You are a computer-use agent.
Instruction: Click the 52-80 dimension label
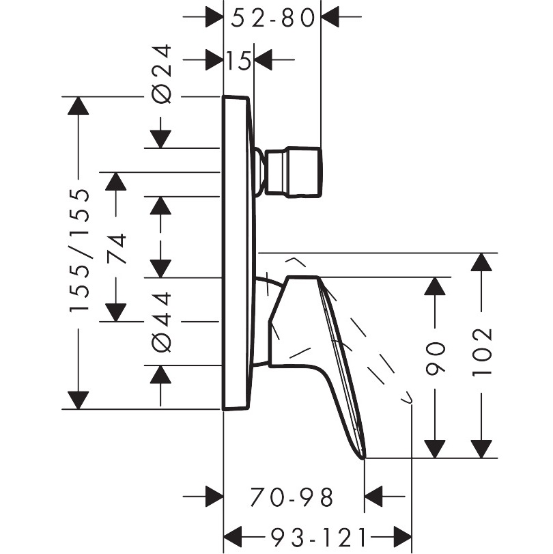[272, 18]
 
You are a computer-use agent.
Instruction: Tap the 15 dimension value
[238, 60]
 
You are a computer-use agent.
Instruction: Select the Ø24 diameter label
[162, 74]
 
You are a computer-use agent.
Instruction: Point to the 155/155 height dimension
[79, 250]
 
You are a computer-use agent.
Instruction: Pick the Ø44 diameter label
[162, 322]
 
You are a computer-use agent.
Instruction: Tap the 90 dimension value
[436, 358]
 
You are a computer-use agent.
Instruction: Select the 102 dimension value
[482, 352]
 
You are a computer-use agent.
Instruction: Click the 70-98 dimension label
[292, 497]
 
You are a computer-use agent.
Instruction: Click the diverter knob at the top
[293, 171]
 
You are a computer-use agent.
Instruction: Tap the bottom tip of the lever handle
[363, 458]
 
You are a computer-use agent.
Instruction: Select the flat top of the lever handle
[303, 277]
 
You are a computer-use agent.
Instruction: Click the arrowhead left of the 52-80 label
[214, 16]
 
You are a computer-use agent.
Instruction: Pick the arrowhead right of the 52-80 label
[330, 16]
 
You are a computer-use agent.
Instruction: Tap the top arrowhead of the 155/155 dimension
[78, 105]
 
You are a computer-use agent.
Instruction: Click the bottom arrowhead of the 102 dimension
[481, 449]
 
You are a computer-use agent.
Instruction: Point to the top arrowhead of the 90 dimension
[435, 286]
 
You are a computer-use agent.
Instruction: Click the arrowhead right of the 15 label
[264, 59]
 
